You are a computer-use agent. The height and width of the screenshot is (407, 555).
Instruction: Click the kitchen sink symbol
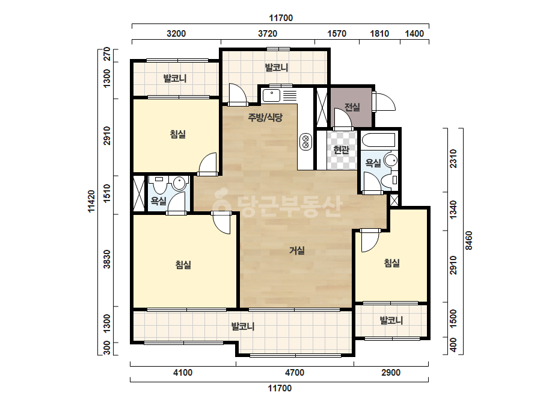[x=271, y=95]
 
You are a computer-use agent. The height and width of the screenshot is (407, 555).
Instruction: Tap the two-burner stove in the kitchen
[x=306, y=141]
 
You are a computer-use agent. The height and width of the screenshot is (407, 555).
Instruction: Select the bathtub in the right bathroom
[x=379, y=140]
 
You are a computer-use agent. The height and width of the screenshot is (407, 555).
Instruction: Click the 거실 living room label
[x=297, y=250]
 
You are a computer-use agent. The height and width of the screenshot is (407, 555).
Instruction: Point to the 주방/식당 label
[x=265, y=117]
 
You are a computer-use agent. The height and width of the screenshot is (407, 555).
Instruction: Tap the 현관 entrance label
[x=341, y=149]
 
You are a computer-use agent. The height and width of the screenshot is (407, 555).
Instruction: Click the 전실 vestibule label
[x=352, y=107]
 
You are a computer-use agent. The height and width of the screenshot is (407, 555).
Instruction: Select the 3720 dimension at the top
[x=268, y=34]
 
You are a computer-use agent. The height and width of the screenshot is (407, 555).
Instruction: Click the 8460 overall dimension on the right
[x=468, y=241]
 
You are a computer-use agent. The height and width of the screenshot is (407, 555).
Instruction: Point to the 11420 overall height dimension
[x=91, y=201]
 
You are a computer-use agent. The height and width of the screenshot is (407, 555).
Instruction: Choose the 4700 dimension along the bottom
[x=295, y=373]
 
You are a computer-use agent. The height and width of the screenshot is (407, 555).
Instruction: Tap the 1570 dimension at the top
[x=337, y=34]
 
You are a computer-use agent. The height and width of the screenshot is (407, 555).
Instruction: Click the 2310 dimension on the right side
[x=453, y=158]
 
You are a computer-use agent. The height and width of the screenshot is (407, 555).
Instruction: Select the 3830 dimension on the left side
[x=107, y=259]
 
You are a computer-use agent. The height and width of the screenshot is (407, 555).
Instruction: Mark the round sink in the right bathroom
[x=391, y=160]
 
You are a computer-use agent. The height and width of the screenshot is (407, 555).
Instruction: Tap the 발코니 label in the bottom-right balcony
[x=391, y=320]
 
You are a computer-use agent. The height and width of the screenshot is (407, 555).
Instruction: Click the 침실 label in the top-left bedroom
[x=178, y=134]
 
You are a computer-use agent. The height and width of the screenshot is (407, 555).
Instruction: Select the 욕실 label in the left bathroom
[x=159, y=201]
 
